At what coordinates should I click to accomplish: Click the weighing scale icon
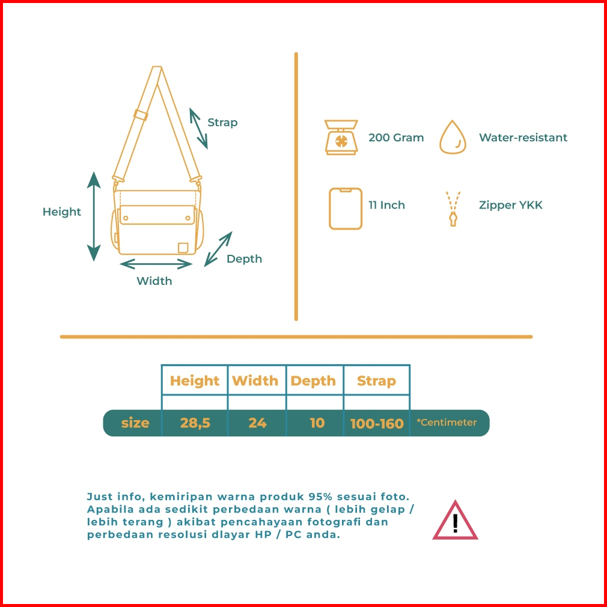tap(341, 138)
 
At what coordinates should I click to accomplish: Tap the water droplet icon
tap(453, 138)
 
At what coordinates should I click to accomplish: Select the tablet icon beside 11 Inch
tap(346, 209)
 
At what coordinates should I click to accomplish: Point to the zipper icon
tap(453, 209)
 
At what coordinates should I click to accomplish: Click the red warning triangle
tap(455, 521)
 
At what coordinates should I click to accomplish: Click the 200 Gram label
tap(396, 138)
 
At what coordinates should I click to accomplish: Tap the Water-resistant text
tap(523, 138)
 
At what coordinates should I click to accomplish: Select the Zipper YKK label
tap(510, 205)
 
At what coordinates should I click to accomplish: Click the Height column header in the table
tap(195, 380)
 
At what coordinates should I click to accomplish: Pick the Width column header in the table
tap(255, 380)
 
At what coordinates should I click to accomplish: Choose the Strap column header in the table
tap(376, 380)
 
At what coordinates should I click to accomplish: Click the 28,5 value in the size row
tap(195, 422)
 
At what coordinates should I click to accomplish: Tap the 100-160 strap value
tap(377, 423)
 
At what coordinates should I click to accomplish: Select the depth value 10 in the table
tap(317, 422)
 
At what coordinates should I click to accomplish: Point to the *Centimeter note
tap(447, 422)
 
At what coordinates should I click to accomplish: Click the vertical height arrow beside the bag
tap(93, 216)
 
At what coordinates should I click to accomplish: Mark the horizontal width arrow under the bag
tap(154, 263)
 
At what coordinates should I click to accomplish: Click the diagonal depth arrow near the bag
tap(218, 249)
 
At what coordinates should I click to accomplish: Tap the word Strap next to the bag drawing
tap(222, 123)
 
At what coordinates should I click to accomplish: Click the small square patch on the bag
tap(183, 247)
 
